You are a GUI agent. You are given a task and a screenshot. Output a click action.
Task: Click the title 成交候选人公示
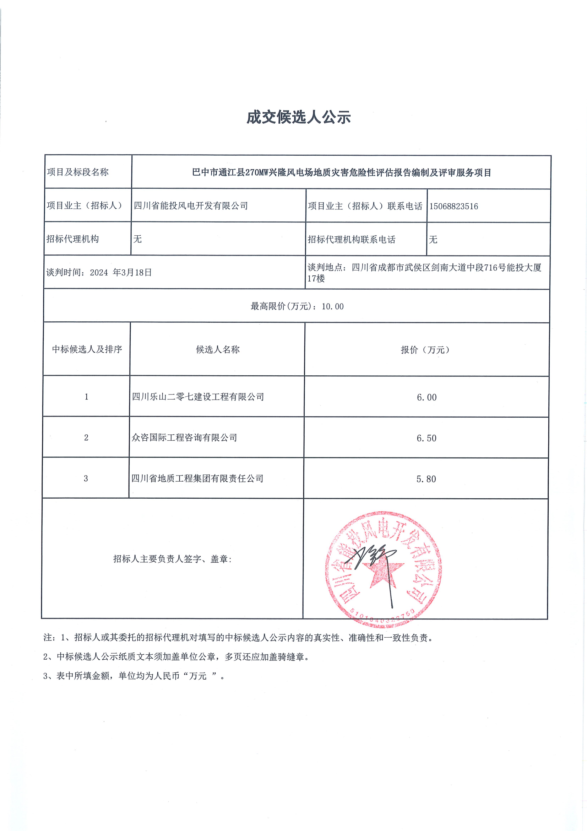click(298, 117)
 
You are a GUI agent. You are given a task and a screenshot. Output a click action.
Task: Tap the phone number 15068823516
click(453, 206)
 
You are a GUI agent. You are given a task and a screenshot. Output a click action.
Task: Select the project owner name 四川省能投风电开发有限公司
click(191, 206)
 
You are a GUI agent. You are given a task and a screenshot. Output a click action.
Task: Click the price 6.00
click(426, 397)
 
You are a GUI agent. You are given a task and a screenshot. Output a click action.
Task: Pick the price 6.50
click(426, 438)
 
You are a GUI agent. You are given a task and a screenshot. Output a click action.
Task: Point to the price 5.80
click(426, 479)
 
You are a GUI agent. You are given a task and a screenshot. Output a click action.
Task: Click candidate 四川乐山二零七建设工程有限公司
click(198, 397)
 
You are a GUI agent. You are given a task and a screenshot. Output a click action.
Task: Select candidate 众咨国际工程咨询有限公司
click(184, 438)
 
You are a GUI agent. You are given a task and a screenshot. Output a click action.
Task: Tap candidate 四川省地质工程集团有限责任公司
click(197, 478)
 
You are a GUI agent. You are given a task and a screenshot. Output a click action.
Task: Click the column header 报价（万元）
click(425, 350)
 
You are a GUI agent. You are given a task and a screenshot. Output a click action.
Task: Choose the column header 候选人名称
click(218, 349)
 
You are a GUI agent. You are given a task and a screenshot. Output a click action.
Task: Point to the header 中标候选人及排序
click(87, 349)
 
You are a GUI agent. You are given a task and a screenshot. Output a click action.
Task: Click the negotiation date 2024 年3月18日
click(121, 273)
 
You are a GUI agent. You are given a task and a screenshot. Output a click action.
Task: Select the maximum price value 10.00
click(332, 306)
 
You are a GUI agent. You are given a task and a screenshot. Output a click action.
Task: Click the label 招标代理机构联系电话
click(351, 240)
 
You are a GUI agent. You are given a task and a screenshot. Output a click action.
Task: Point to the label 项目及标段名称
click(78, 172)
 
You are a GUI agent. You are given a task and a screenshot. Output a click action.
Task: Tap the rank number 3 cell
click(86, 478)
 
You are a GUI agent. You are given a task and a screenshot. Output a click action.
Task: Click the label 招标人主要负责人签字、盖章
click(172, 559)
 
